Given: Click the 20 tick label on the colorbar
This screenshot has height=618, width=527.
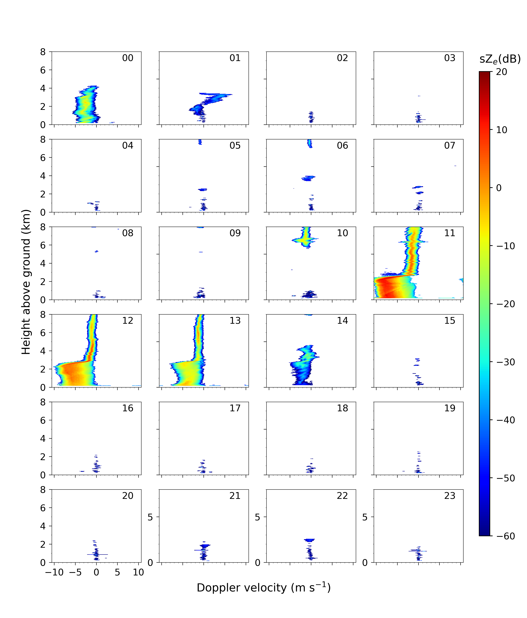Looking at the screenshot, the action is (x=502, y=72).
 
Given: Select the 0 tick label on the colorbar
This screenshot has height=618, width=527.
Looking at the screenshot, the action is (x=499, y=188).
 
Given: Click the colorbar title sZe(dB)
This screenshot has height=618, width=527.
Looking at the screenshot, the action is (x=500, y=59).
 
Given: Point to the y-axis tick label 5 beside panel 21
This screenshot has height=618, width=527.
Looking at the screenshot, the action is (x=150, y=517).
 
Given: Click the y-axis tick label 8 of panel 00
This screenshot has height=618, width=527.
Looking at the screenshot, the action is (x=43, y=52).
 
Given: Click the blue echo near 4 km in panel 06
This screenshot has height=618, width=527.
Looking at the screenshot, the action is (x=308, y=178).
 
